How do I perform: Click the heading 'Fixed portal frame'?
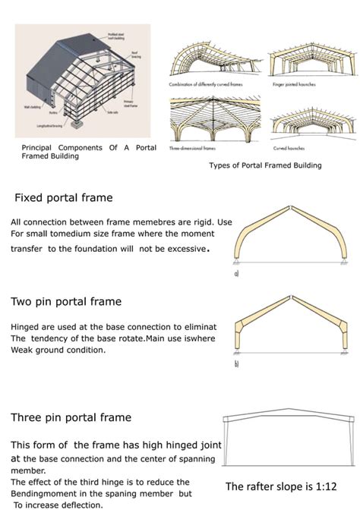(64, 198)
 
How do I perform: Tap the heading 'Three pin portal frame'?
(71, 417)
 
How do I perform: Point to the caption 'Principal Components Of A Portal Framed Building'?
(89, 152)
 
